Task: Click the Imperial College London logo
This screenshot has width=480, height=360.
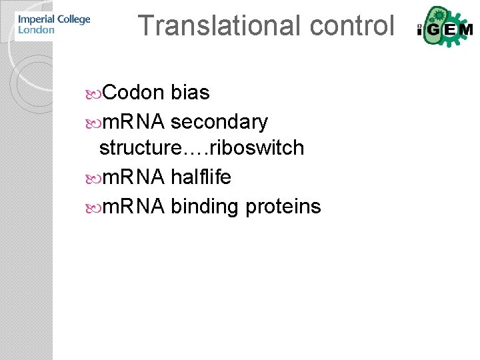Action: [x=53, y=25]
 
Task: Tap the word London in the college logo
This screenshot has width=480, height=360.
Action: [x=36, y=30]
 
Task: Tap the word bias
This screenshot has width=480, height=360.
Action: [x=190, y=93]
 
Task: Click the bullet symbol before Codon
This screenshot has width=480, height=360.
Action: [x=93, y=93]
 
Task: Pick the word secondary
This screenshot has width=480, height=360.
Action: [x=219, y=122]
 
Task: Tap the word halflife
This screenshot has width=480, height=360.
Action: [x=201, y=177]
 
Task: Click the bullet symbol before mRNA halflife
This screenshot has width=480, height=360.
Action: [x=93, y=177]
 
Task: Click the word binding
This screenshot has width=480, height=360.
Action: [x=205, y=207]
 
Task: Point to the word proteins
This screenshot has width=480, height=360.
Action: [x=283, y=207]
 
